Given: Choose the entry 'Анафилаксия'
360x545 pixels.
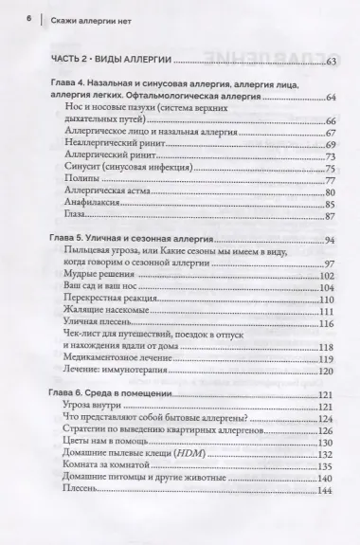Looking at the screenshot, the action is [88, 204].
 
